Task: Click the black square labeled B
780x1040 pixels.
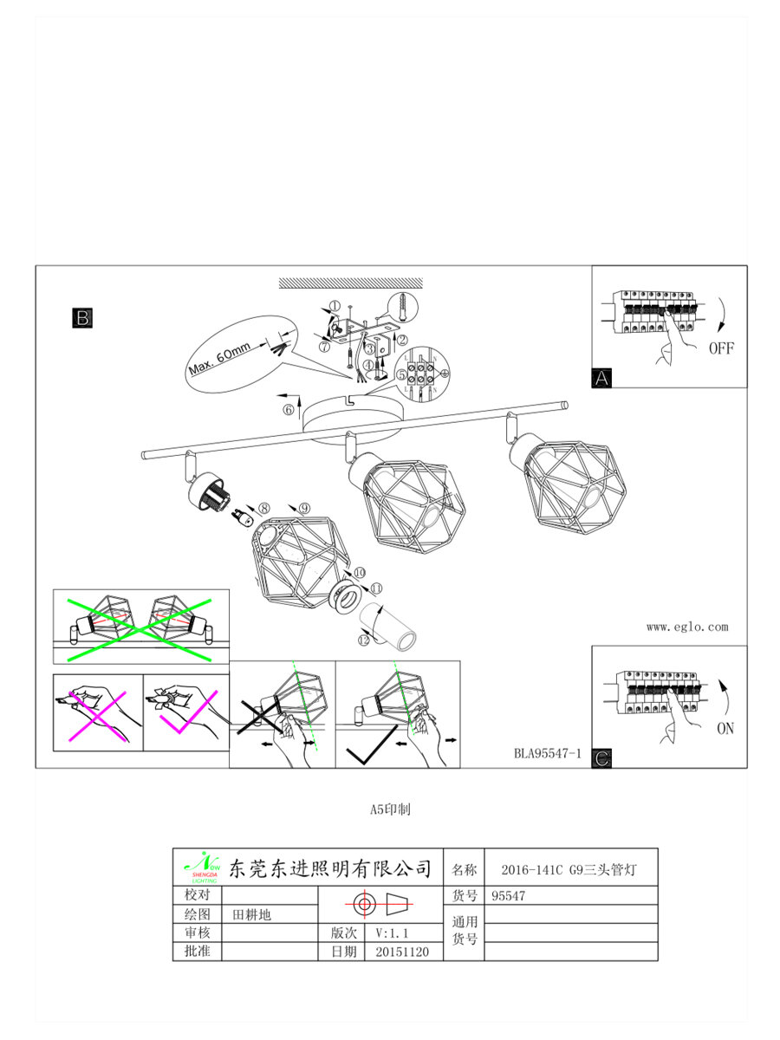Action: tap(81, 317)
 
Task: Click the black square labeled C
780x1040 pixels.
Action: tap(602, 758)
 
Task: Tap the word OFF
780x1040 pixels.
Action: tap(721, 348)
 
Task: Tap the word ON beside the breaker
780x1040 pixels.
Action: tap(725, 729)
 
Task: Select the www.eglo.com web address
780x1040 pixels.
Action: tap(687, 627)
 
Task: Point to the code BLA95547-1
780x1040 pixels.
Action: tap(547, 754)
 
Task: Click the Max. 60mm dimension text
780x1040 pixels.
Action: tap(219, 356)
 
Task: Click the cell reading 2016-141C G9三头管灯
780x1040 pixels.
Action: tap(569, 869)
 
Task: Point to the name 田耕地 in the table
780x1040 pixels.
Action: tap(251, 914)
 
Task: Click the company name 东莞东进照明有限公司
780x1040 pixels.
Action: tap(329, 868)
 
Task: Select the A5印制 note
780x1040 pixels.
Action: tap(390, 810)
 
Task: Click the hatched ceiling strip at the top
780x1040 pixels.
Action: tap(350, 283)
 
